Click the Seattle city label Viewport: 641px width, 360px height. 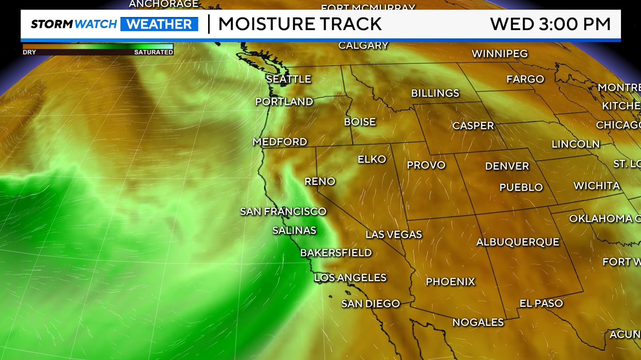click(289, 79)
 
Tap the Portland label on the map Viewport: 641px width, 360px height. click(284, 102)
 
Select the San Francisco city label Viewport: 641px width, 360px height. click(283, 211)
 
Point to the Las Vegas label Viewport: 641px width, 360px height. click(394, 234)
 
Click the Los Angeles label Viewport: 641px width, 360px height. click(350, 278)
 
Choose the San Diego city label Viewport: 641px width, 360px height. click(371, 304)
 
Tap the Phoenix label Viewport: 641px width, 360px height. click(450, 282)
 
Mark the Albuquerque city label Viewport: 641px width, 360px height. click(518, 242)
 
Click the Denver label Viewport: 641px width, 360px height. click(507, 166)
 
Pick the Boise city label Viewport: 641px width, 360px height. click(360, 122)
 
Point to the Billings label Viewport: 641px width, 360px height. click(435, 93)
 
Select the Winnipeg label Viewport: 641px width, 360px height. click(500, 53)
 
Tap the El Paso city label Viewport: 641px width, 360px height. click(541, 303)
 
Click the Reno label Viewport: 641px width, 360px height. click(320, 181)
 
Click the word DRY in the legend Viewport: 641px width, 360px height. click(29, 52)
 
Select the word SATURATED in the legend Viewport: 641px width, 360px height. click(153, 52)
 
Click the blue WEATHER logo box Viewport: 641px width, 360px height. click(159, 24)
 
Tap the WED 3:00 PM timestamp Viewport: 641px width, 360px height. click(550, 24)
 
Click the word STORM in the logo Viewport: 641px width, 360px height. click(52, 24)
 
